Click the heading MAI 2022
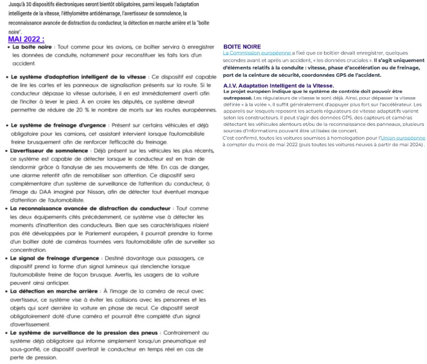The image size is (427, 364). [x=26, y=39]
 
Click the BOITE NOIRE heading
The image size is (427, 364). [x=242, y=47]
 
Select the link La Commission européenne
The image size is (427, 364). [x=257, y=53]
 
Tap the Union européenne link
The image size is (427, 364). [x=403, y=138]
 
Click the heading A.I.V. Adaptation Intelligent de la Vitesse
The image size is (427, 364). [x=279, y=85]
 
